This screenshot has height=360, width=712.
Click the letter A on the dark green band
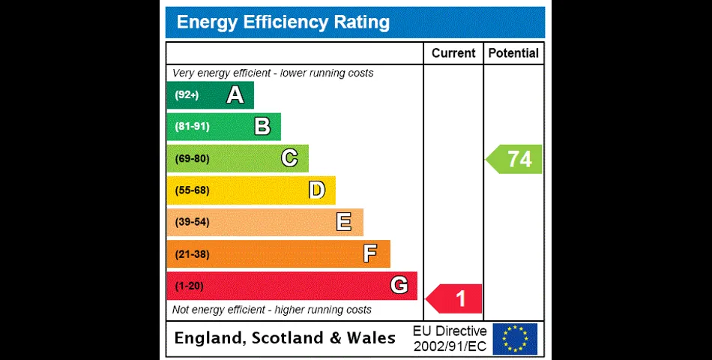point(235,95)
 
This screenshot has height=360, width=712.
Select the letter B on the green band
point(262,127)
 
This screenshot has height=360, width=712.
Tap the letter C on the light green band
point(289,158)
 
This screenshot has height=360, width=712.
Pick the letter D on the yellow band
point(317,190)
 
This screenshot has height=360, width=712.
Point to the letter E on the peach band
point(344,222)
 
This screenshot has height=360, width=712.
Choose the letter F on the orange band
point(370,254)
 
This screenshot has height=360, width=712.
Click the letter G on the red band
point(399,286)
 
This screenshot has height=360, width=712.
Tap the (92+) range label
point(187,95)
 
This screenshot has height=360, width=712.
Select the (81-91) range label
point(192,127)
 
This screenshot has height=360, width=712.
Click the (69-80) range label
point(192,159)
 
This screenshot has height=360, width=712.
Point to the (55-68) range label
point(192,190)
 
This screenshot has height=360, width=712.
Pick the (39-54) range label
point(192,223)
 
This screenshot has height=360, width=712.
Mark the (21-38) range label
point(192,254)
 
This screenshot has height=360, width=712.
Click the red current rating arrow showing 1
point(455,298)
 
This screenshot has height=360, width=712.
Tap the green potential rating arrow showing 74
point(515,159)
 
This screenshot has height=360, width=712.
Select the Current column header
point(453,53)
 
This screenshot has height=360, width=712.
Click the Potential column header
point(513,53)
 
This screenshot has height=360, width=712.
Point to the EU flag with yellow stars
point(515,338)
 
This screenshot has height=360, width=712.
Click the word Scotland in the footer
point(288,338)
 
